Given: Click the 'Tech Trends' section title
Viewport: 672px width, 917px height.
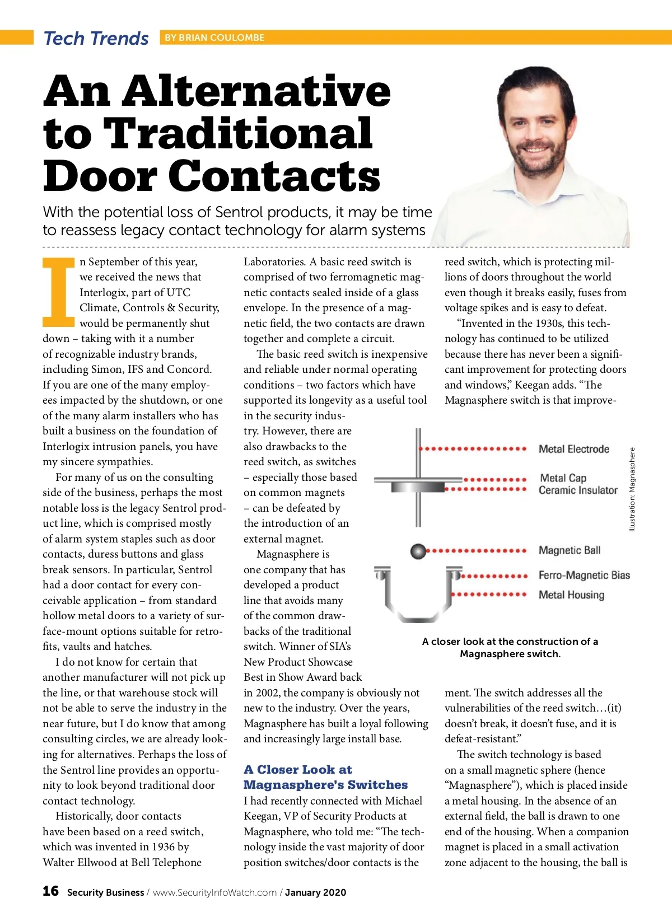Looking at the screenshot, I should [96, 38].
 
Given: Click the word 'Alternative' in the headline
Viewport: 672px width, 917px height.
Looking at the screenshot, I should [256, 91].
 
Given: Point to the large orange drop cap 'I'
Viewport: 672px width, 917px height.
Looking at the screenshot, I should [59, 292].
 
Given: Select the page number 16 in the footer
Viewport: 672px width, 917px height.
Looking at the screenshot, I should [50, 891].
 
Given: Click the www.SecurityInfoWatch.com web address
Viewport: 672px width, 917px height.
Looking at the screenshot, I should [214, 892].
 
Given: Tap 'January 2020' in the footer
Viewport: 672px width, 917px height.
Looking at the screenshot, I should [315, 892].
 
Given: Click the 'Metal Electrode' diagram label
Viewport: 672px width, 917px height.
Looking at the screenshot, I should [573, 449].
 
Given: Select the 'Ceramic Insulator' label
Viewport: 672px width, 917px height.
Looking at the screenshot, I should [578, 490].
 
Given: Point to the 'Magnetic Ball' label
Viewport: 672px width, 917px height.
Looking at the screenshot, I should [569, 550].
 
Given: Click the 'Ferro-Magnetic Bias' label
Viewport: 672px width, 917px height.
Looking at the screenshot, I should [584, 575].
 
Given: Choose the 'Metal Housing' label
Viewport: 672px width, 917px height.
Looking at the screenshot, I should [571, 595].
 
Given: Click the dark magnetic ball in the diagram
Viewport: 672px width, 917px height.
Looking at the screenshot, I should [418, 551].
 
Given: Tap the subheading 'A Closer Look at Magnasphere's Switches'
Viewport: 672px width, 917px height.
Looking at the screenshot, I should [325, 777].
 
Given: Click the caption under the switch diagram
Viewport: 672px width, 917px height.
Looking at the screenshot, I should [510, 648].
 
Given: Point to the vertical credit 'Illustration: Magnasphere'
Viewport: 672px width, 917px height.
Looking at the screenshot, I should [632, 489].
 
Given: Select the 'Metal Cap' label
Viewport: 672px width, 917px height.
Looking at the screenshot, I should [563, 478].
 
